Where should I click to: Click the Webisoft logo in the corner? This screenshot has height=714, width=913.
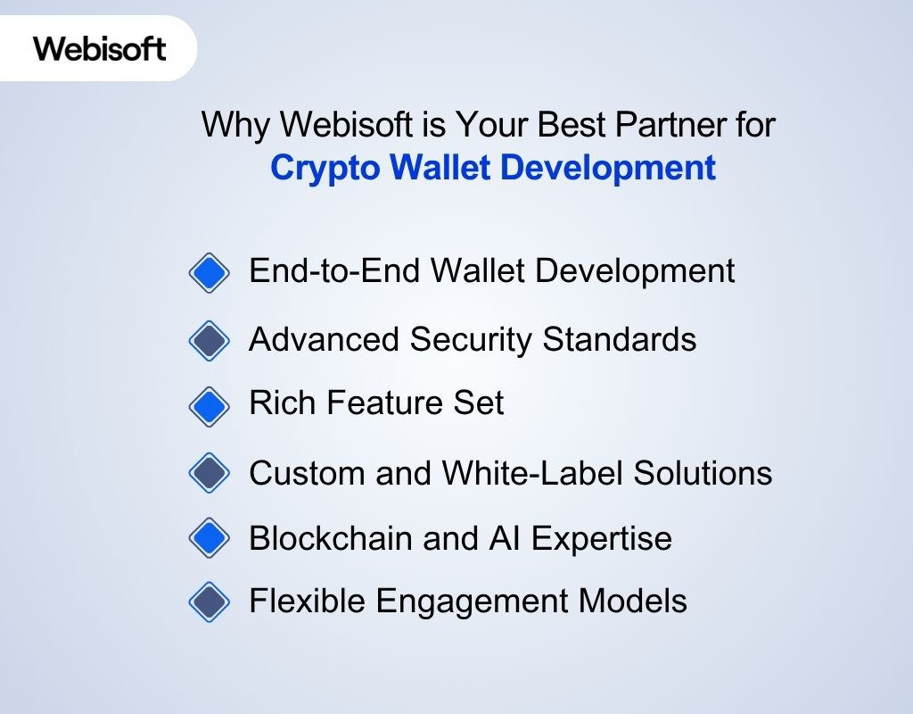(100, 48)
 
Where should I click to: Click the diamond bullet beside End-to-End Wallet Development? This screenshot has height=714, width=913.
(210, 272)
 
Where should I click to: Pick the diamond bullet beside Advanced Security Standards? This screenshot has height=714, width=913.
(210, 341)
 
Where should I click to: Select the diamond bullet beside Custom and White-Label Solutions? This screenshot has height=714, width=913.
(210, 473)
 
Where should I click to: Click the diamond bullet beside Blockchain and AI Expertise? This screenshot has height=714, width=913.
(210, 538)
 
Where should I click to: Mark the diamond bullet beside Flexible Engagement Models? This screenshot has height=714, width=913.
(210, 602)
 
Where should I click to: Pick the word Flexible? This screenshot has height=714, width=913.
(306, 601)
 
